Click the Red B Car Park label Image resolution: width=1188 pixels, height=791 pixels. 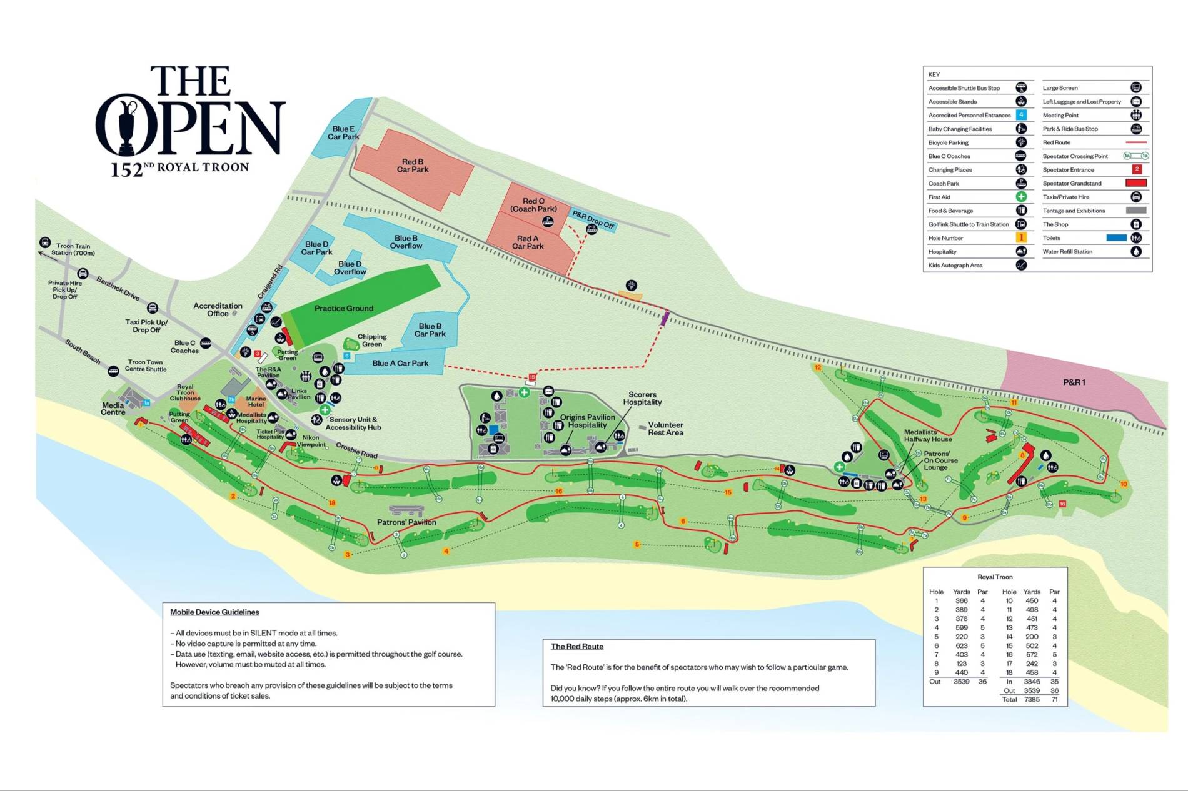(413, 166)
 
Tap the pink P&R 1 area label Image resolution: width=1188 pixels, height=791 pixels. (1074, 382)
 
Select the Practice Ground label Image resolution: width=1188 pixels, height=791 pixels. (344, 308)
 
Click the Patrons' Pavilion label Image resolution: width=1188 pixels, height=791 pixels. (406, 522)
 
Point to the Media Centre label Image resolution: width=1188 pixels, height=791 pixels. (113, 409)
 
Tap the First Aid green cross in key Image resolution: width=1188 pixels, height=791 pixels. (1021, 197)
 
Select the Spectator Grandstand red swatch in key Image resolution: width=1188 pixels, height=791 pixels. (1135, 183)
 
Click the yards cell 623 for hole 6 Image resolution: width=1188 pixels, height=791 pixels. (961, 645)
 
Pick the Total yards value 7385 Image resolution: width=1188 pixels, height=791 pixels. (1032, 699)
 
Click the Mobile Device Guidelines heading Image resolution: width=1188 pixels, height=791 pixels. (214, 612)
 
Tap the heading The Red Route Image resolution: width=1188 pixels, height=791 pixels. (576, 646)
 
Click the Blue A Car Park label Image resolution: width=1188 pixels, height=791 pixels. (400, 363)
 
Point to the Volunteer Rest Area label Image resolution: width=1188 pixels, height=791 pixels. (665, 429)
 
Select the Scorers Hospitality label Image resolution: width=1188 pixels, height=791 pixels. (642, 398)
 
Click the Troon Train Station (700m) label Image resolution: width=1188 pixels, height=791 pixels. (73, 249)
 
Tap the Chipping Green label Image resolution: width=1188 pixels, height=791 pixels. (372, 340)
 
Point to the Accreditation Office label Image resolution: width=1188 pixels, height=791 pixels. (218, 309)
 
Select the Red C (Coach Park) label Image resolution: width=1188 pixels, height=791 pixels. (533, 205)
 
